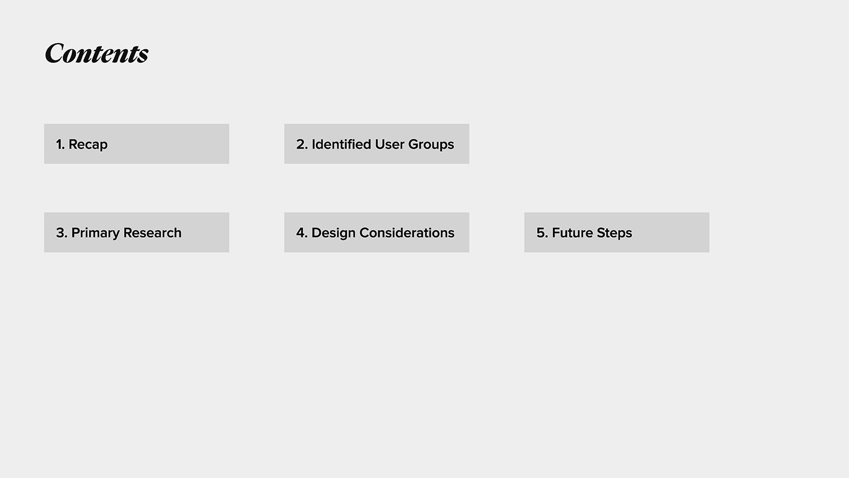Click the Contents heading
[x=97, y=53]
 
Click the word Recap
[x=88, y=144]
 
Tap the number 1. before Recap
[x=60, y=144]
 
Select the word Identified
[x=341, y=144]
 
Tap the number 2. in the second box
[x=302, y=144]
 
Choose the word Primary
[x=95, y=233]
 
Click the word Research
[x=152, y=233]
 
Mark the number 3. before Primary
[x=62, y=233]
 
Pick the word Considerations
[x=407, y=233]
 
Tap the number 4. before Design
[x=302, y=233]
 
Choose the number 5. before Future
[x=542, y=233]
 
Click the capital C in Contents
[x=54, y=53]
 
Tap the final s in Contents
[x=143, y=56]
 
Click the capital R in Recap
[x=73, y=144]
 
